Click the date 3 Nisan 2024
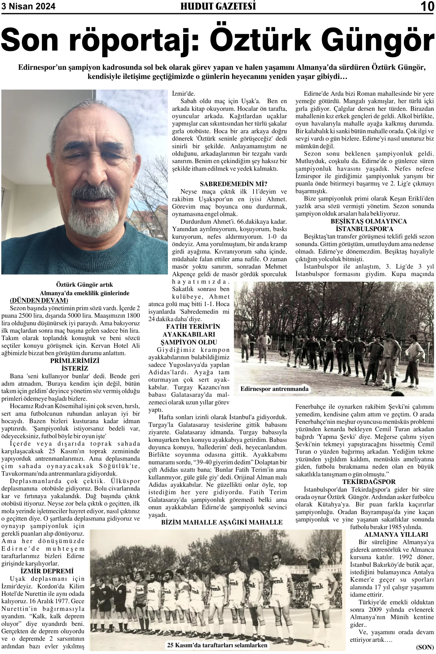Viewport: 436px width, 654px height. click(x=28, y=6)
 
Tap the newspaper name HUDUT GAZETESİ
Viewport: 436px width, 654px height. click(x=218, y=6)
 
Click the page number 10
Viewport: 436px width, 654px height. click(x=427, y=6)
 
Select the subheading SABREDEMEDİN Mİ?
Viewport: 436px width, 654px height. click(x=233, y=184)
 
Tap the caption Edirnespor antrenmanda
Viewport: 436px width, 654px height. click(x=274, y=389)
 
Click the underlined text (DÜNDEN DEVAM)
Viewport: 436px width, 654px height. click(x=39, y=300)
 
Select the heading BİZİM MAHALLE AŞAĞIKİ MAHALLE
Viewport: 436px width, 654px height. click(x=222, y=522)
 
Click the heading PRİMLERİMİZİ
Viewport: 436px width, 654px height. click(x=75, y=361)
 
